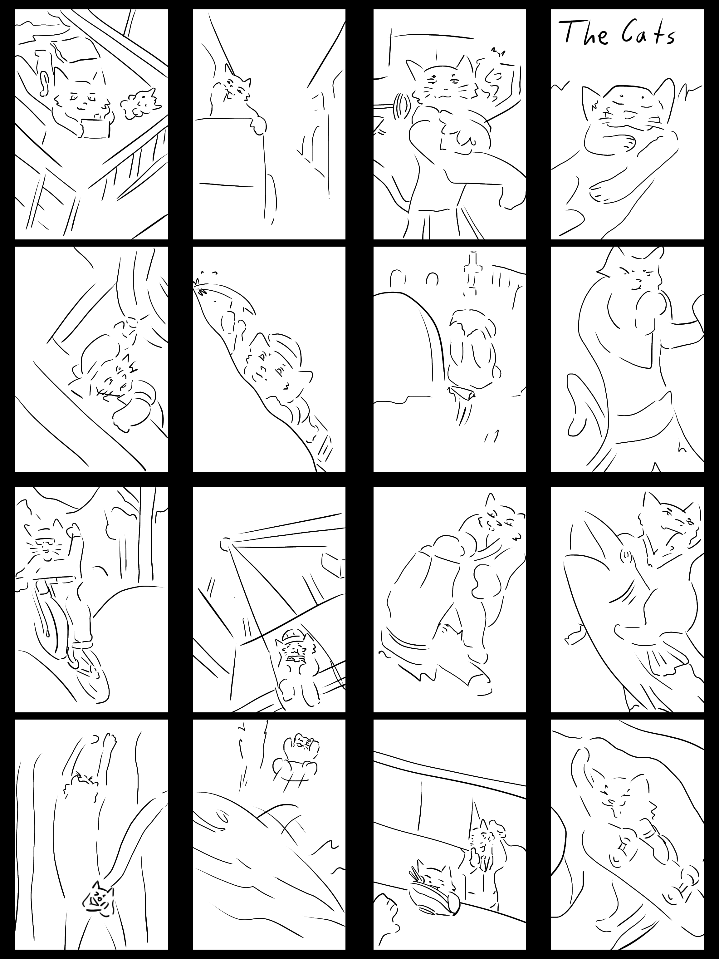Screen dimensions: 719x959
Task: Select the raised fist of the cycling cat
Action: [x=74, y=530]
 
